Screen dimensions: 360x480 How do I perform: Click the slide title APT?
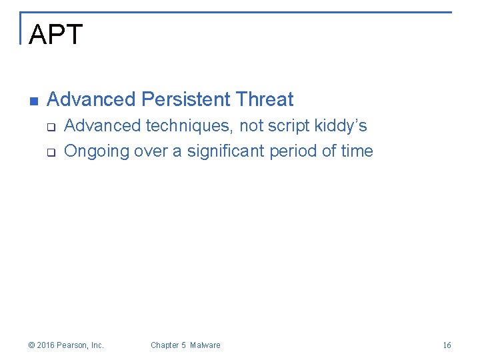(x=56, y=35)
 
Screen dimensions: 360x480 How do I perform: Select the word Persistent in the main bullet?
(x=186, y=100)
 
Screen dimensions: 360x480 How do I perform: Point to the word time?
(x=357, y=151)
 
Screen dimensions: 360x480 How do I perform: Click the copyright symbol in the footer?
(x=31, y=345)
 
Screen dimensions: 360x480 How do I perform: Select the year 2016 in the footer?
(x=46, y=345)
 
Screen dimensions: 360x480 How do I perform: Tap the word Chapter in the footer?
(x=164, y=345)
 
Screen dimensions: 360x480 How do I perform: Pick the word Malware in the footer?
(x=205, y=345)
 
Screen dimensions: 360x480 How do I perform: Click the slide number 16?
(x=447, y=345)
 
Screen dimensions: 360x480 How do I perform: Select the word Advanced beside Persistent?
(x=91, y=100)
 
